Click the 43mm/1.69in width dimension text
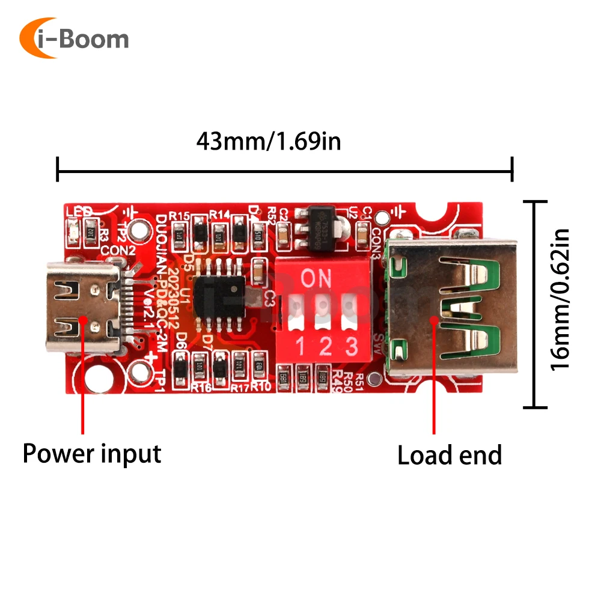click(x=269, y=142)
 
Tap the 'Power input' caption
click(x=92, y=453)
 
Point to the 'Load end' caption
click(x=450, y=456)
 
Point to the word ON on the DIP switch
click(x=316, y=278)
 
